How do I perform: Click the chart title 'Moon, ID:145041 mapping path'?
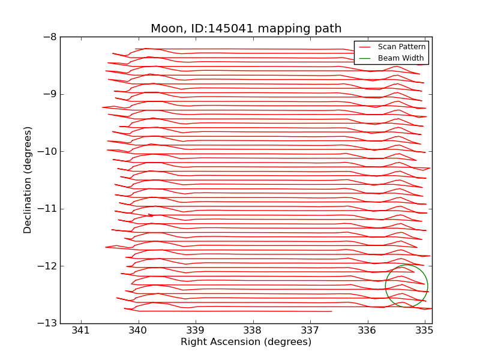246,28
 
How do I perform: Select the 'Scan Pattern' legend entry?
401,47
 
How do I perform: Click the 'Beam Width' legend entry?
401,58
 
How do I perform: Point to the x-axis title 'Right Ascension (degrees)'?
246,342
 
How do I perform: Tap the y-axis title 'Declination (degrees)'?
28,180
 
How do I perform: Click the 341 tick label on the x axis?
81,331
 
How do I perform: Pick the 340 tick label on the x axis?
138,331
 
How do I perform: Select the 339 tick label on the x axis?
196,331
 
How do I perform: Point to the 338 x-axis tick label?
253,331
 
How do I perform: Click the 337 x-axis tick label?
310,331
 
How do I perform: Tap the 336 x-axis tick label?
367,331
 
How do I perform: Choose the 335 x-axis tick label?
424,331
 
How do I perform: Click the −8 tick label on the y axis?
50,37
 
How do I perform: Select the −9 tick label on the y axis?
50,94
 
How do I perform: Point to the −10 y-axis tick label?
47,151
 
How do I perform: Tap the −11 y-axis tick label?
47,209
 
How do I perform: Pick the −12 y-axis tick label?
47,266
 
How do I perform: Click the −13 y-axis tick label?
47,323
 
